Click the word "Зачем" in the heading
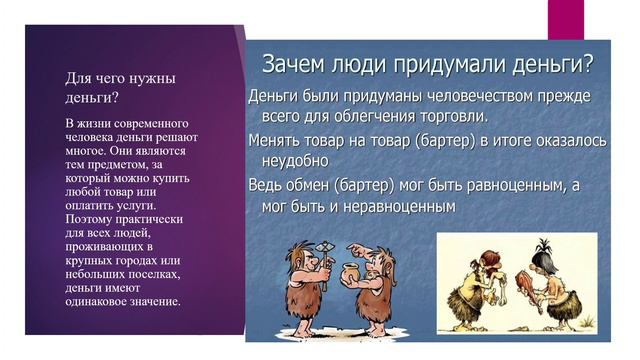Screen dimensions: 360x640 click(294, 66)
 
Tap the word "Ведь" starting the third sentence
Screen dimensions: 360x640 click(266, 185)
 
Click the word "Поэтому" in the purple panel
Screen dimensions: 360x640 click(91, 217)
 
